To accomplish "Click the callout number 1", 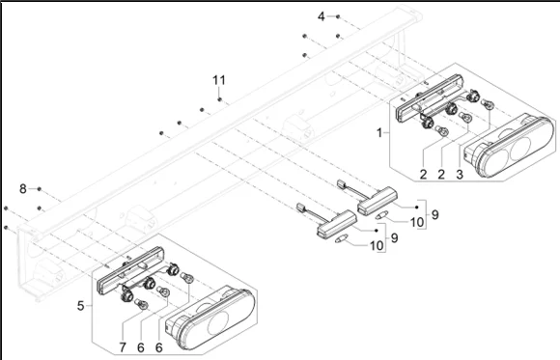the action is pos(379,133).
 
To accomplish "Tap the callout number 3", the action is pos(460,175).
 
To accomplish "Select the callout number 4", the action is pos(322,16).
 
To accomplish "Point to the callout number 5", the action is pos(81,306).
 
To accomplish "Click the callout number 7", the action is pos(123,347).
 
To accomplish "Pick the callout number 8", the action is pos(23,188).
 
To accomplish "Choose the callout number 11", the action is pos(219,80).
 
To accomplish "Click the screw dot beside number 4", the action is pos(338,16).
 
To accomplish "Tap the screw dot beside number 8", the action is pos(40,188).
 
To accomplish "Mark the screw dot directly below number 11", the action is pos(219,99).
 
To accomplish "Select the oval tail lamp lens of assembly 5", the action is pos(210,318).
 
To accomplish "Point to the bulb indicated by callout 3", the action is pos(488,104).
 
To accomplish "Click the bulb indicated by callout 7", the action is pos(142,304).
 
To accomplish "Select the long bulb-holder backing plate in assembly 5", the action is pos(131,270).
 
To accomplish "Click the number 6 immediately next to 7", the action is pos(141,347).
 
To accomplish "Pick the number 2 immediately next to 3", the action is pos(441,175).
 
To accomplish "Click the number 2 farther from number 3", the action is pos(423,175).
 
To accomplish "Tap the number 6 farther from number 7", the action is pos(159,347).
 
